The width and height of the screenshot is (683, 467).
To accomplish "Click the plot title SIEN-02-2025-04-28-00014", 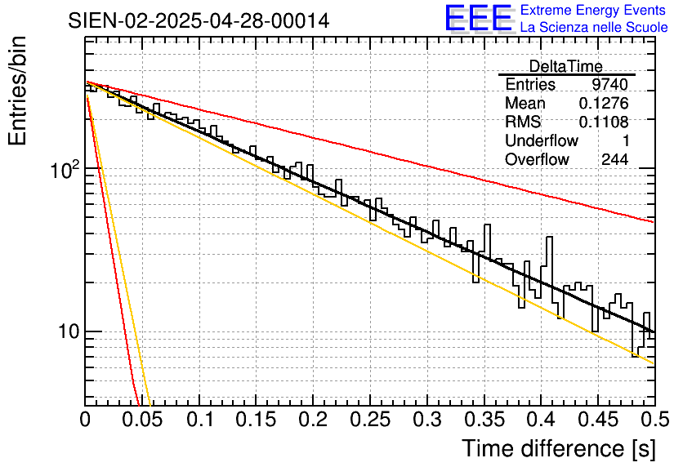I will pos(199,21).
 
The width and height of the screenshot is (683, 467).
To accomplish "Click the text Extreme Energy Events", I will pos(592,11).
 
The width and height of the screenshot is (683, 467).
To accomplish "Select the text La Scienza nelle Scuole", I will pos(594,28).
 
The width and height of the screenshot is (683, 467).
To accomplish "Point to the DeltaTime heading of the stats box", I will pos(566,66).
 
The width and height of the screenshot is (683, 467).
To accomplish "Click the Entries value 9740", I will pos(610,85).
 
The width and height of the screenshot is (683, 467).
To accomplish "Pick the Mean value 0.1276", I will pos(604,104).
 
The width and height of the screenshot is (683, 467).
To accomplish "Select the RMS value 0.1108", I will pos(604,122).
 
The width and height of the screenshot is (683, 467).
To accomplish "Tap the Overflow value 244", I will pos(614,160).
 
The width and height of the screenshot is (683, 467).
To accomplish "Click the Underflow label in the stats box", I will pos(541,141).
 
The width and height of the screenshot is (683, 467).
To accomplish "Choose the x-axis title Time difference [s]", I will pos(558,448).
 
